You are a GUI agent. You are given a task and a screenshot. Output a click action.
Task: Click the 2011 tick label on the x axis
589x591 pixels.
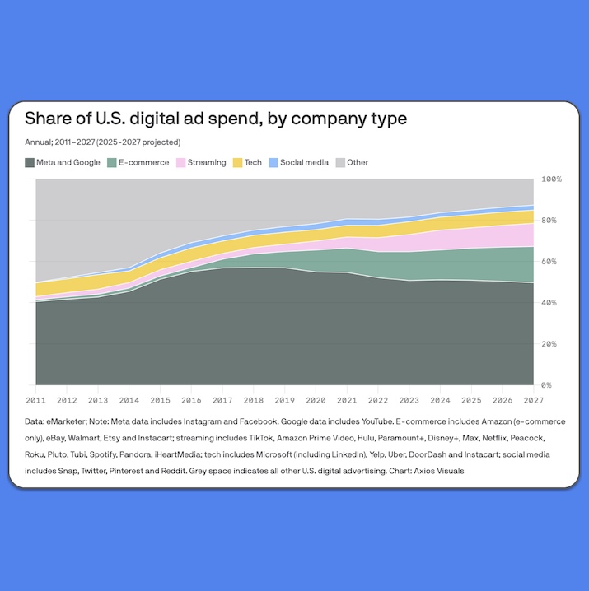36,401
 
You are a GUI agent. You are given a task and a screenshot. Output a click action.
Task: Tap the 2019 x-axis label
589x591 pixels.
284,401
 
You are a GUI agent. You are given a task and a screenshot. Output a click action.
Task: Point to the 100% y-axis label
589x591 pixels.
551,179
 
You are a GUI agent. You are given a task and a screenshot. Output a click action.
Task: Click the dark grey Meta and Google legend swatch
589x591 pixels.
30,163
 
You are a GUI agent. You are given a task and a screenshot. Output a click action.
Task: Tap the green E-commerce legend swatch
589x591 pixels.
111,163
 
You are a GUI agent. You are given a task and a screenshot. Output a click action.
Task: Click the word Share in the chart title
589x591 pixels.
49,119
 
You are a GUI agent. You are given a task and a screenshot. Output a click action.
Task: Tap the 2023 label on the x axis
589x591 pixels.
408,401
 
